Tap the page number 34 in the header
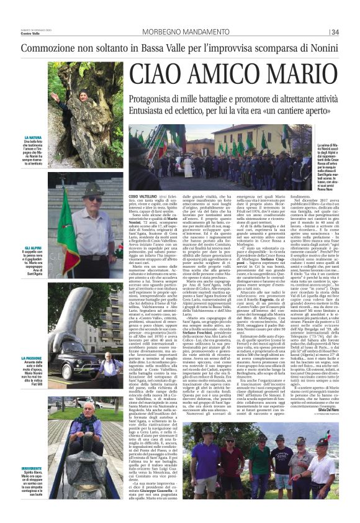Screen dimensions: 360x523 click(x=335, y=32)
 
